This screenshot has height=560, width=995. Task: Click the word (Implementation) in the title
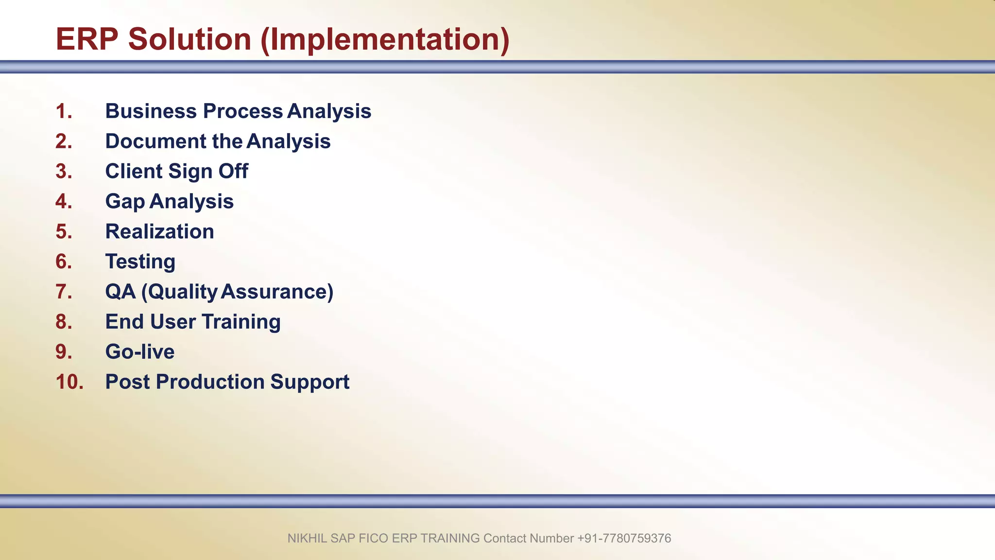[x=385, y=40]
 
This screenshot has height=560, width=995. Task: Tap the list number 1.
[x=64, y=111]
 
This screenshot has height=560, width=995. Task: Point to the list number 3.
[x=64, y=172]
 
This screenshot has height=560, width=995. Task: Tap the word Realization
[x=159, y=232]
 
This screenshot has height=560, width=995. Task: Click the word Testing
[x=140, y=262]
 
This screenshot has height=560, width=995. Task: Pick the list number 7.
[x=64, y=292]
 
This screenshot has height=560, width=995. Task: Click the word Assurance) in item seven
[x=277, y=292]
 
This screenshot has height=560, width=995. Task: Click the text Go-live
[x=140, y=352]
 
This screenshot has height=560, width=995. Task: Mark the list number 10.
[x=69, y=382]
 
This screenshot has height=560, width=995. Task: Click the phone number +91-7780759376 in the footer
[x=624, y=539]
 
